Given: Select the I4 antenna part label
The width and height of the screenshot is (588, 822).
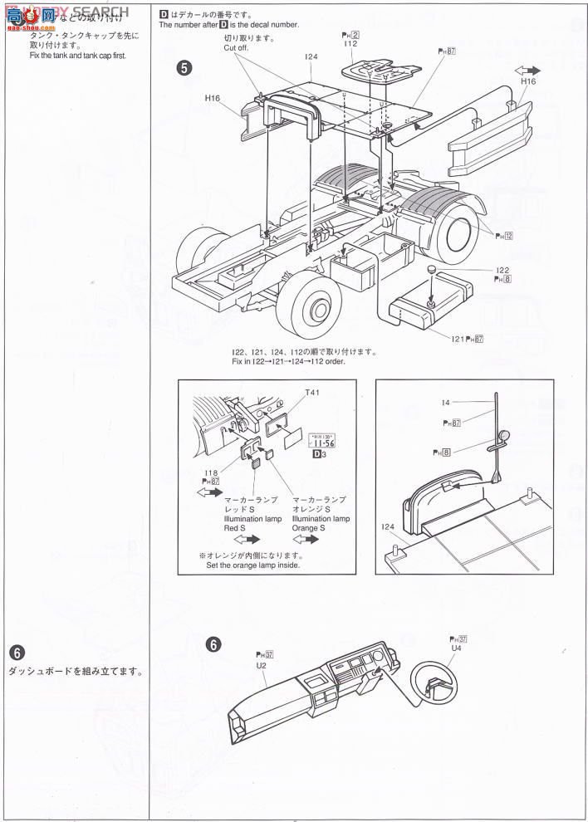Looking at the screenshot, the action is (x=447, y=403).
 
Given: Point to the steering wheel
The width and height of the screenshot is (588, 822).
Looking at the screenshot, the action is (x=432, y=687).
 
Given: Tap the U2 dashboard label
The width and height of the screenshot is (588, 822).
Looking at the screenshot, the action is (x=261, y=665).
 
